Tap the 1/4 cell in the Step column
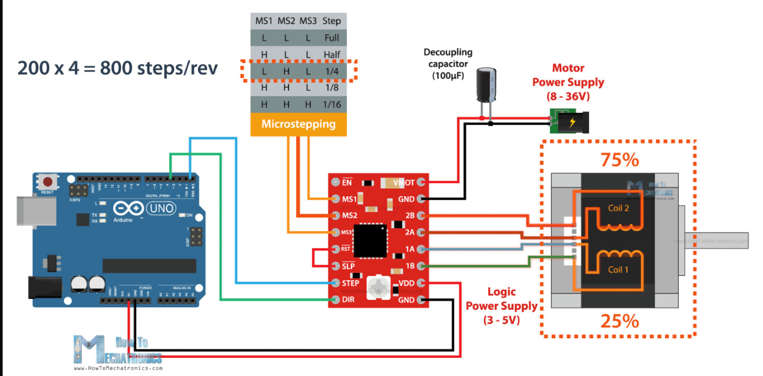[x=332, y=70]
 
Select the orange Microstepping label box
[x=299, y=124]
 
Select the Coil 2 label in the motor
[x=618, y=208]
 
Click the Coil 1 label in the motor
[x=618, y=270]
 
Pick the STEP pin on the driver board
[x=335, y=283]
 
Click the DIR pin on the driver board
[x=335, y=300]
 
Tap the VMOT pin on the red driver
[x=421, y=183]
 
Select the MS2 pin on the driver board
[x=335, y=216]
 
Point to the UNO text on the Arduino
[x=158, y=208]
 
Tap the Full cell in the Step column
[x=332, y=38]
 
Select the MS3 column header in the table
[x=308, y=22]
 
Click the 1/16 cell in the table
[x=332, y=104]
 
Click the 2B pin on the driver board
[x=421, y=216]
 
